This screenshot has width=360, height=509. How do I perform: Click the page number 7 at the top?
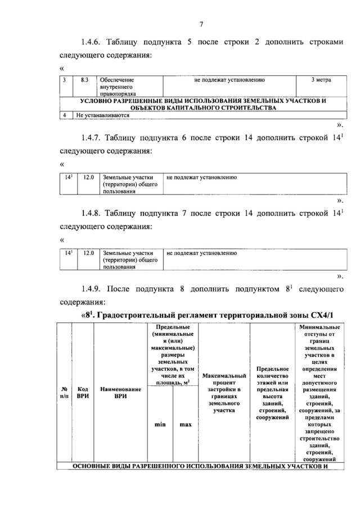coord(201,24)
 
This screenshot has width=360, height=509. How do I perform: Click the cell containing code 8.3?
coord(84,80)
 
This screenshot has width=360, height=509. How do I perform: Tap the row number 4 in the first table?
coord(65,115)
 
